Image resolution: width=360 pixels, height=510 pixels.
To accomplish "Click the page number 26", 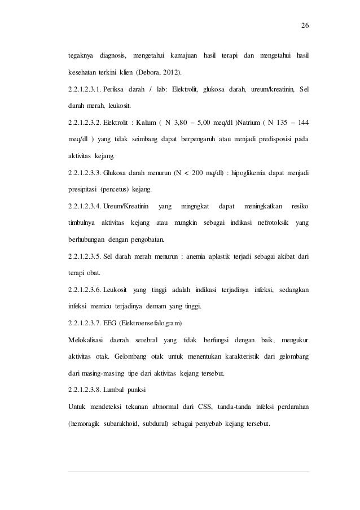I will pyautogui.click(x=305, y=26).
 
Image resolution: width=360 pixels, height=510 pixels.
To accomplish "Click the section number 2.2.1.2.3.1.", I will pyautogui.click(x=85, y=89).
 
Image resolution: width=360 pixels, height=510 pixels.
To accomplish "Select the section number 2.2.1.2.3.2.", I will pyautogui.click(x=85, y=122).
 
